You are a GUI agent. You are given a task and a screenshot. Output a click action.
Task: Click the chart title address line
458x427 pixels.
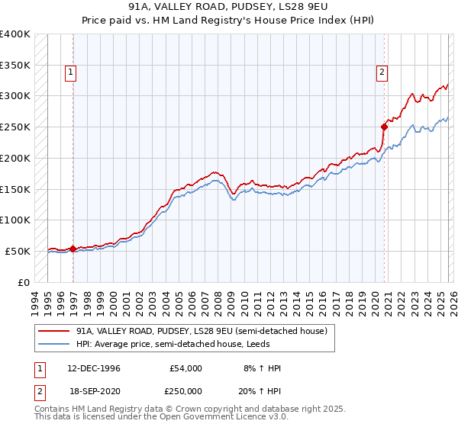click(228, 8)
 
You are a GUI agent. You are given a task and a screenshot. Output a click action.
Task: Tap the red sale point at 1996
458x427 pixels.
click(73, 249)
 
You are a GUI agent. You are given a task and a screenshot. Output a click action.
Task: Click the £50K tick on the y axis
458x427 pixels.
click(18, 251)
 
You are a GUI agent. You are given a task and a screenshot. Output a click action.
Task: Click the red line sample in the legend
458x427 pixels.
click(53, 331)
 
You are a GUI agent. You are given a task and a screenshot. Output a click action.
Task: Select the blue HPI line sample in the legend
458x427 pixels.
click(53, 344)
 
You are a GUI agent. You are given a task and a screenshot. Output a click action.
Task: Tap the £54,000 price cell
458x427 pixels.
click(185, 368)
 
